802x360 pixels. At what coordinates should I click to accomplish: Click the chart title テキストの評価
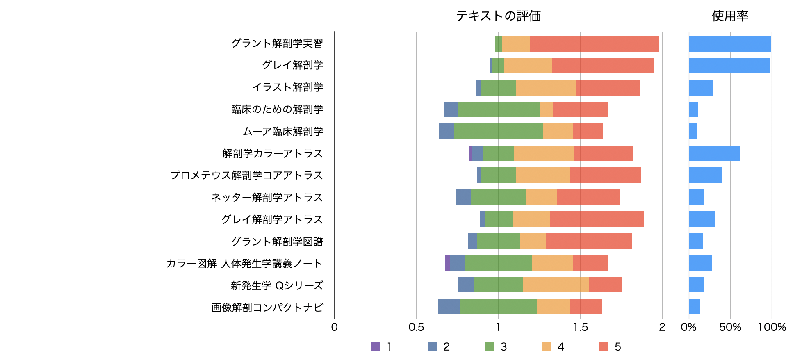tap(498, 16)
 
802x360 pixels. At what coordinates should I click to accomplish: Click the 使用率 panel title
tap(730, 16)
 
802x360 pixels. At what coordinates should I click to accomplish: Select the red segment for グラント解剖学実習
tap(594, 44)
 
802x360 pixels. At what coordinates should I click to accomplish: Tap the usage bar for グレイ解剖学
tap(729, 66)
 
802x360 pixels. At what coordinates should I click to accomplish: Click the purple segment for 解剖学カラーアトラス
tap(470, 153)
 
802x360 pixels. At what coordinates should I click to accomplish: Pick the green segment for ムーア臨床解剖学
tap(498, 132)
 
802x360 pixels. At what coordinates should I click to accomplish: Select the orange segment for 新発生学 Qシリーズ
tap(556, 285)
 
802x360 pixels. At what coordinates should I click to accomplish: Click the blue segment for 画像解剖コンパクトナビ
tap(449, 307)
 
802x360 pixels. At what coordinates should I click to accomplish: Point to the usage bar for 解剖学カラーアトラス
tap(714, 153)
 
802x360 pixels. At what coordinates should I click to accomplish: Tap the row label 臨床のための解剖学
tap(277, 109)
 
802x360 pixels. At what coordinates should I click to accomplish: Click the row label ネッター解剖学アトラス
tap(267, 198)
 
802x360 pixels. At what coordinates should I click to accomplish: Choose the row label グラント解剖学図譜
tap(277, 242)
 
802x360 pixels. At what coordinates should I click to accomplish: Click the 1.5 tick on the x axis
tap(580, 327)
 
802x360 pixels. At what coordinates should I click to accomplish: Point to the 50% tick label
tap(730, 327)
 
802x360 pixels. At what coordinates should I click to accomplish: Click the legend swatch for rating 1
tap(375, 346)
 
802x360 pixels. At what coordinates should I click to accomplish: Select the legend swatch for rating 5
tap(603, 346)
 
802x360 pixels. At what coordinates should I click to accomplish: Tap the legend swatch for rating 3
tap(489, 346)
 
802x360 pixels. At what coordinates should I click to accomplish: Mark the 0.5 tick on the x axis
tap(416, 327)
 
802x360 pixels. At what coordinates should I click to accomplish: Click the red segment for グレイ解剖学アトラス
tap(597, 219)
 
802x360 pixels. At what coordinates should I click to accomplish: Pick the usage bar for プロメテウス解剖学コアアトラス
tap(705, 175)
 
